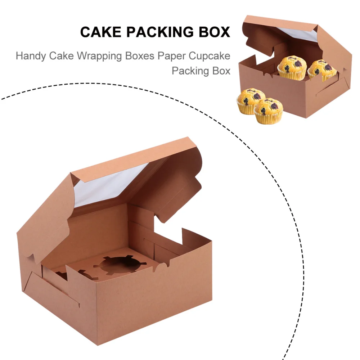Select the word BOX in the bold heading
(213, 32)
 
